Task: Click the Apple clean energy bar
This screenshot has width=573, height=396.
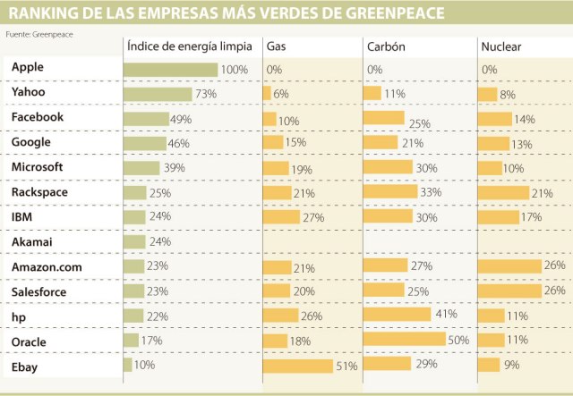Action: (x=170, y=70)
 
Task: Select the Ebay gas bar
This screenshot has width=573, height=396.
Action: (x=298, y=366)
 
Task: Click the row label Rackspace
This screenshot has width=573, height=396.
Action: (x=39, y=191)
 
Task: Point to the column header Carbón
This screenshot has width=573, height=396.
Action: (x=387, y=46)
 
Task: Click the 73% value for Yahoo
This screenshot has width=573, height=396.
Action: (x=207, y=94)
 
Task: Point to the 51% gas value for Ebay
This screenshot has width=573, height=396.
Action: (x=346, y=367)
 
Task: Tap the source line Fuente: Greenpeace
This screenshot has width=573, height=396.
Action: (x=39, y=32)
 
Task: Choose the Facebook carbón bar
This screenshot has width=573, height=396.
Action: (x=384, y=118)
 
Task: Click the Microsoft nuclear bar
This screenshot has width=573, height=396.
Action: (x=490, y=167)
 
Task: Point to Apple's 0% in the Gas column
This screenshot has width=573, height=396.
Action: (x=274, y=70)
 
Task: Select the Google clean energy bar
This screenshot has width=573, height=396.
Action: (x=144, y=142)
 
